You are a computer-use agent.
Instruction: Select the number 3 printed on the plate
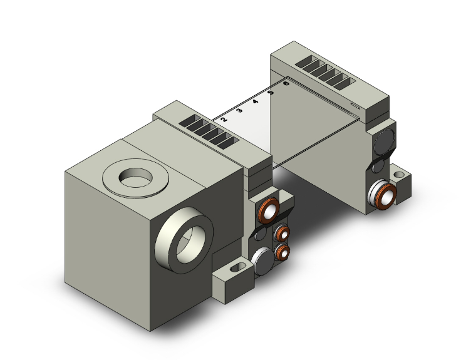[240, 110]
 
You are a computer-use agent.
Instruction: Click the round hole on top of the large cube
[135, 177]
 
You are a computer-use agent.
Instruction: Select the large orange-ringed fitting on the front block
[268, 212]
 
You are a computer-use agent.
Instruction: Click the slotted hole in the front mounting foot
[234, 269]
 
